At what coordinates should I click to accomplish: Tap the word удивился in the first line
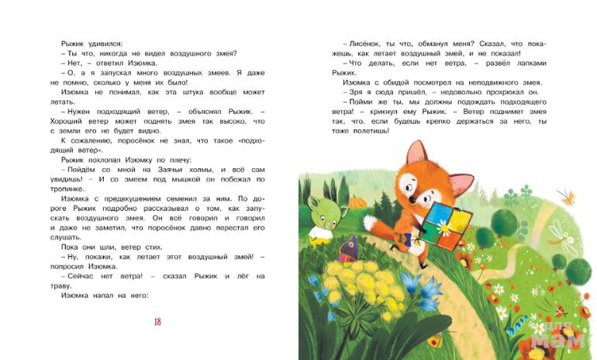click(x=99, y=44)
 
